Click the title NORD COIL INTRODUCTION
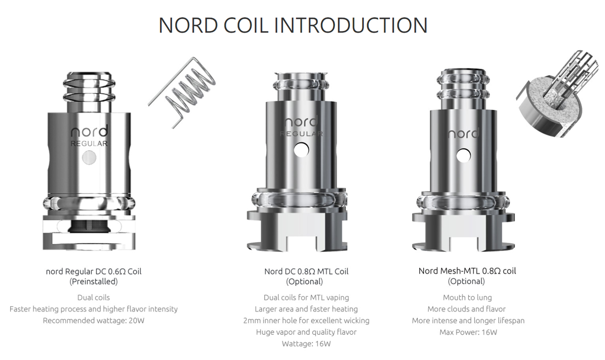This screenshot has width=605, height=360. (293, 25)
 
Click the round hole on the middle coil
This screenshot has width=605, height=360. (302, 150)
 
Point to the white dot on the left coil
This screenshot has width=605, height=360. (89, 157)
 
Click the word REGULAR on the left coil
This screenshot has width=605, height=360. (89, 143)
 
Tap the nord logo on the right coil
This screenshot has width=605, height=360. (463, 133)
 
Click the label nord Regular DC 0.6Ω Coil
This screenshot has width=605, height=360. (94, 271)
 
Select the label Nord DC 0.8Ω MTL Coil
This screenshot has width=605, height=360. (306, 271)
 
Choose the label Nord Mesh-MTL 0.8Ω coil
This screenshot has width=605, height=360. (467, 271)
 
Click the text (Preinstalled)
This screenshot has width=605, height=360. (94, 282)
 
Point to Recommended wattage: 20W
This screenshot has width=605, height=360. (94, 320)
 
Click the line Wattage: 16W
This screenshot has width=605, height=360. (306, 344)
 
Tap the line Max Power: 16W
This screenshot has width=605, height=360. (468, 332)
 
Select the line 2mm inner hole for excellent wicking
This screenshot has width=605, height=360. (306, 320)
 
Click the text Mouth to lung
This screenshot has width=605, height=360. (467, 297)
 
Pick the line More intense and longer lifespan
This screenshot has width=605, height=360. (468, 320)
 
